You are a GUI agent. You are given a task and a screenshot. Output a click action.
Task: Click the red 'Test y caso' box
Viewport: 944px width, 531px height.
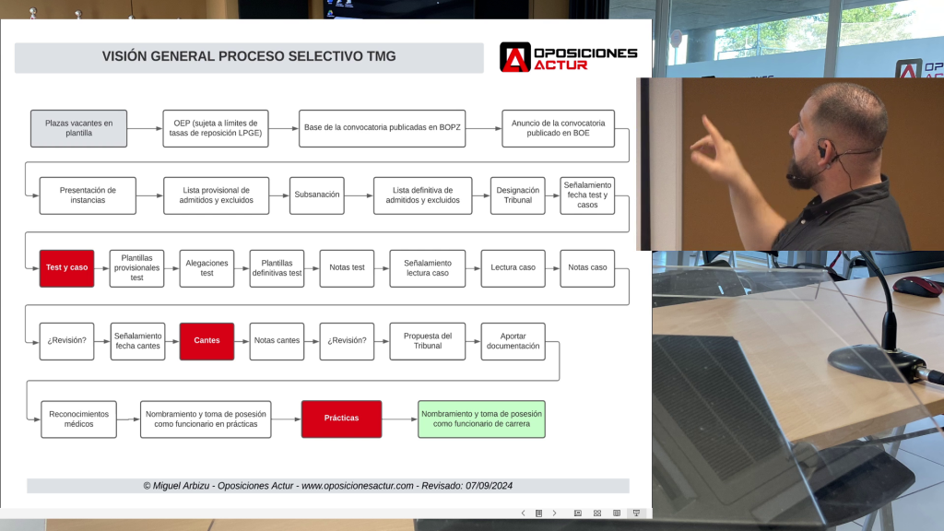pyautogui.click(x=66, y=267)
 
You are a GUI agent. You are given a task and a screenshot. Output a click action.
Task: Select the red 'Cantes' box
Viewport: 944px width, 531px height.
pyautogui.click(x=206, y=340)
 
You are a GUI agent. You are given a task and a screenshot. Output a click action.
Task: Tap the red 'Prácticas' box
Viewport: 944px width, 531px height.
pyautogui.click(x=341, y=419)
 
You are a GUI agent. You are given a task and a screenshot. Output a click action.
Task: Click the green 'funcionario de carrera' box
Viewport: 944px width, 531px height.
pyautogui.click(x=481, y=419)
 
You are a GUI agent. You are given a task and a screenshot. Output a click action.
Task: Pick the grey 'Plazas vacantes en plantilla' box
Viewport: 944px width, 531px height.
pyautogui.click(x=78, y=128)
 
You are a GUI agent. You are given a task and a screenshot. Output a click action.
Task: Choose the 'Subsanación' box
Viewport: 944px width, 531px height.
pyautogui.click(x=316, y=195)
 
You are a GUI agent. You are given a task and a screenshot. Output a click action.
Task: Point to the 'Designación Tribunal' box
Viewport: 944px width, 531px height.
pyautogui.click(x=518, y=195)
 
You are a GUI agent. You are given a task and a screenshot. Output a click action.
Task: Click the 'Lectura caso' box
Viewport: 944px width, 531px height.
pyautogui.click(x=513, y=267)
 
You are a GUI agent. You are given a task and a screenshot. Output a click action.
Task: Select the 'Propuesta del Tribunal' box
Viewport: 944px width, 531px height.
pyautogui.click(x=428, y=340)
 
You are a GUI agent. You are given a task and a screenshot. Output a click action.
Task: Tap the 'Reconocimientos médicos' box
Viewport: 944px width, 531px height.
pyautogui.click(x=78, y=419)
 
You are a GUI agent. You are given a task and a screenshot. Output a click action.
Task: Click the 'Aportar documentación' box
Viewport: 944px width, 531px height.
pyautogui.click(x=513, y=340)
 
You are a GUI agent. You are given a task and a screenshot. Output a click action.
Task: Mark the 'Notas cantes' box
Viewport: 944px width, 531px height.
pyautogui.click(x=277, y=340)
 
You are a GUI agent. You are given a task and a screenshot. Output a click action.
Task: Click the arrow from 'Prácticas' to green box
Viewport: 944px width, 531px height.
pyautogui.click(x=399, y=419)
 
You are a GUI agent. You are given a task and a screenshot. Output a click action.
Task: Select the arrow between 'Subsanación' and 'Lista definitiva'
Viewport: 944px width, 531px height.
pyautogui.click(x=359, y=195)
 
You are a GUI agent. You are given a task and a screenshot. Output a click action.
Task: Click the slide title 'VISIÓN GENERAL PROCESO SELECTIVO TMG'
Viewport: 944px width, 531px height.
pyautogui.click(x=249, y=57)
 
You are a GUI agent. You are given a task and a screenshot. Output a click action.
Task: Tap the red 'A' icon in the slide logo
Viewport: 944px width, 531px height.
pyautogui.click(x=514, y=57)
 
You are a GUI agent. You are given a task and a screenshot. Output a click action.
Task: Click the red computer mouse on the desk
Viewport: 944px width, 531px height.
pyautogui.click(x=917, y=286)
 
